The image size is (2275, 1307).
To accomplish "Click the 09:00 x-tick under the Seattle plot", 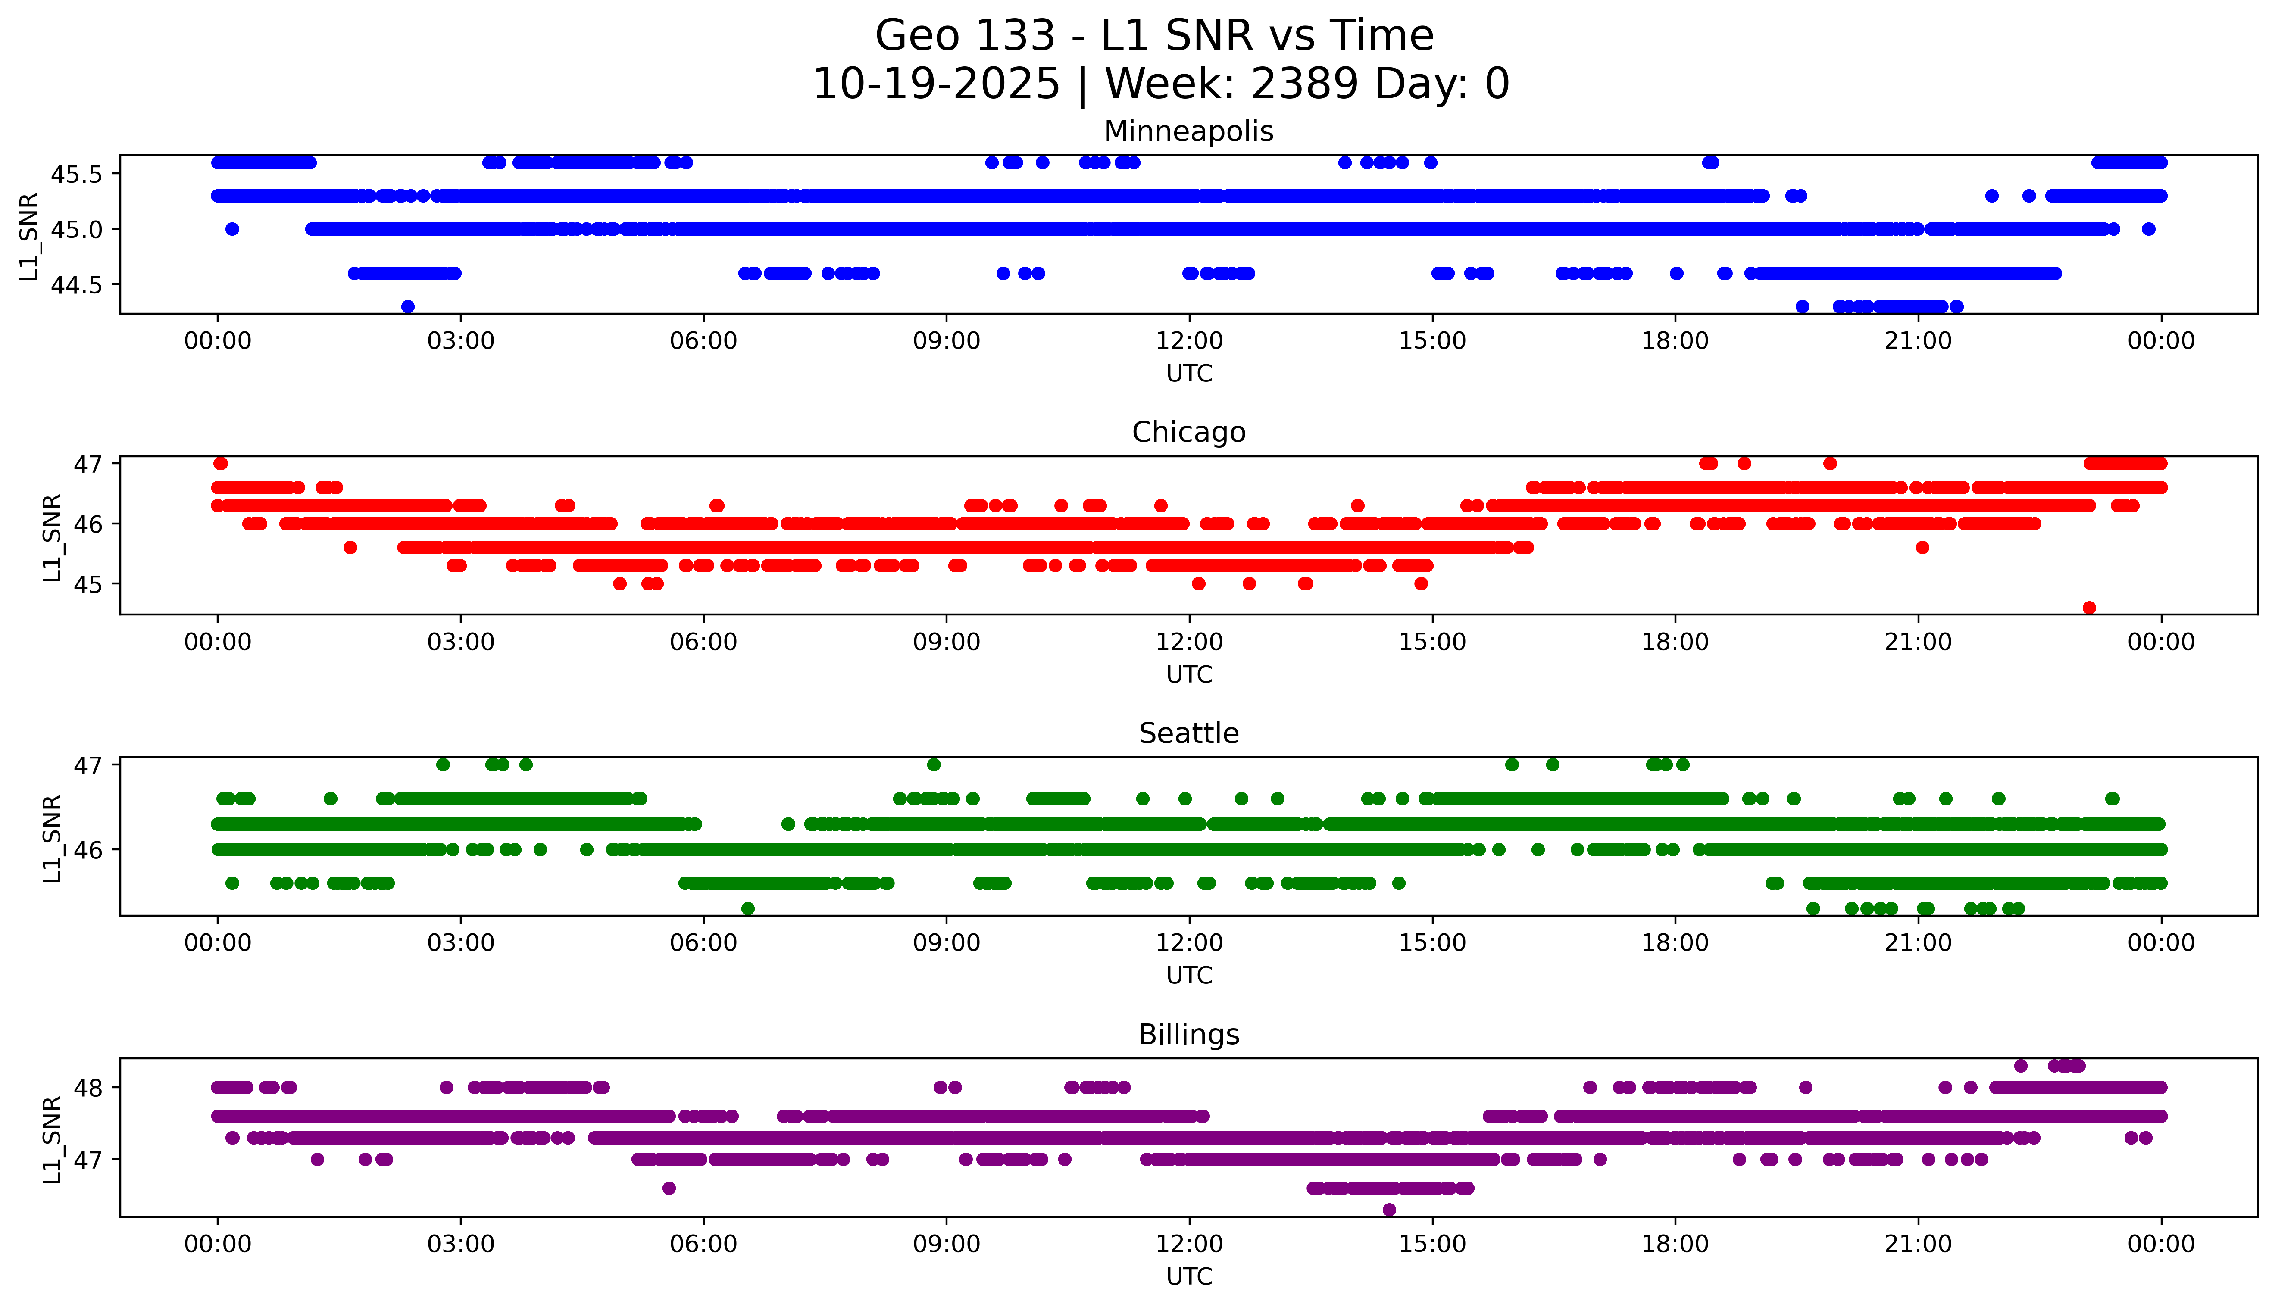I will tap(946, 942).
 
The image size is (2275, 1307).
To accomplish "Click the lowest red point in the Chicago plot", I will tap(2089, 608).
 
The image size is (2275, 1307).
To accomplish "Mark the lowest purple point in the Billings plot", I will tap(1389, 1210).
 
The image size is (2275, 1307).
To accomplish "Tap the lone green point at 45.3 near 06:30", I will tap(748, 908).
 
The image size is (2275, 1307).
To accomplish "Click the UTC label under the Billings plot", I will tap(1189, 1276).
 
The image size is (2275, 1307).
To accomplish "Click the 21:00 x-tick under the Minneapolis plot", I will tap(1918, 341).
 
